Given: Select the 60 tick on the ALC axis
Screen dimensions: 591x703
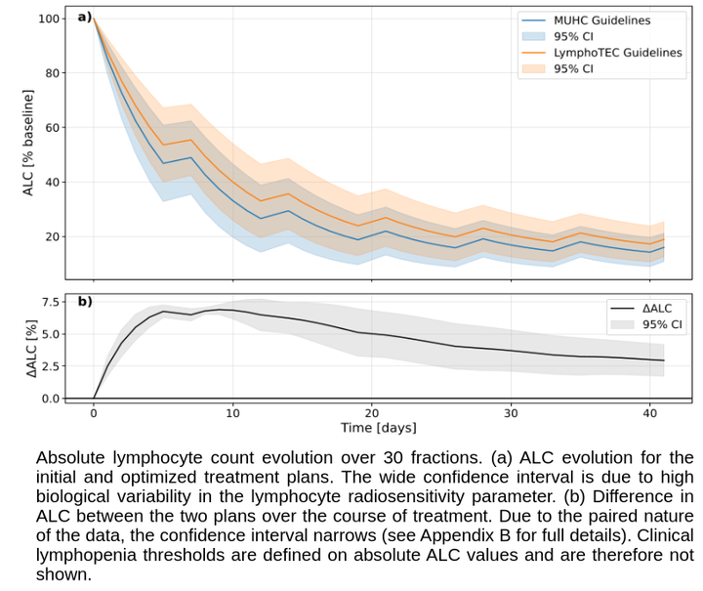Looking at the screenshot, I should (x=50, y=128).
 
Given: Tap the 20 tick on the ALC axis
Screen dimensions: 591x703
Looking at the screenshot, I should (x=50, y=237).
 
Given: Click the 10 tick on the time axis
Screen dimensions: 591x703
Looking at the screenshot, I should (x=232, y=413).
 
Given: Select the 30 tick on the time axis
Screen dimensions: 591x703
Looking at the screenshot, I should (x=511, y=413).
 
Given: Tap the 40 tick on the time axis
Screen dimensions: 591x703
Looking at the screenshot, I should (x=650, y=413).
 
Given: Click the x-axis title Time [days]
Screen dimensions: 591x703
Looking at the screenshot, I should (x=379, y=429).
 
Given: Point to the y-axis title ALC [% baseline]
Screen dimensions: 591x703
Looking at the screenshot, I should (x=28, y=143).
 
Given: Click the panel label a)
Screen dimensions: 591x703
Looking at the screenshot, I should (x=85, y=17).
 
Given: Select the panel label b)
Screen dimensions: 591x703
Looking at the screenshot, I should (x=85, y=301).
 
